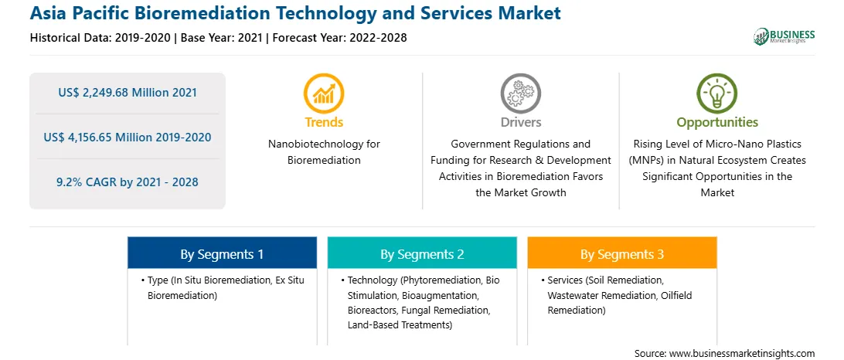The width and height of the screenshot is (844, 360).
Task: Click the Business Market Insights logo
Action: click(x=784, y=36)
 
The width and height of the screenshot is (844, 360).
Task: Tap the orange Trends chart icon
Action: click(x=324, y=93)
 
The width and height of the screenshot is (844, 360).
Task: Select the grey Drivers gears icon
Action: click(x=520, y=93)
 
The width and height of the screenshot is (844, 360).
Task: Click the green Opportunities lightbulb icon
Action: click(x=717, y=93)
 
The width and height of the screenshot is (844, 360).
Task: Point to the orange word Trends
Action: click(x=324, y=122)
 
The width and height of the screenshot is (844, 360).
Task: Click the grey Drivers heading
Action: click(x=520, y=122)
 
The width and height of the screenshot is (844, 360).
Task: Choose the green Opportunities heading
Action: click(x=717, y=123)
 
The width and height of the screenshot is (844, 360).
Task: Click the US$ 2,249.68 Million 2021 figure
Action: click(x=127, y=93)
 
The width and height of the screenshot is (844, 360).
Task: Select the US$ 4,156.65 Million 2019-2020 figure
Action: click(x=127, y=138)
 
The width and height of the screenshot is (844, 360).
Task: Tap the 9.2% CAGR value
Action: click(x=127, y=182)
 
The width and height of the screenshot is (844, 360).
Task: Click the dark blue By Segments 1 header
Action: click(x=222, y=254)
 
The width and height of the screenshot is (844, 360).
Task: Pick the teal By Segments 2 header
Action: click(x=422, y=254)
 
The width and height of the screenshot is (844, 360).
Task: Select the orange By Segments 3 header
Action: click(x=621, y=254)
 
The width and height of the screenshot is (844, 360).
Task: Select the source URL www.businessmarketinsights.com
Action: click(x=742, y=353)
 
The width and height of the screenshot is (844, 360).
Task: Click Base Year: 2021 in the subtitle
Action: click(x=222, y=38)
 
